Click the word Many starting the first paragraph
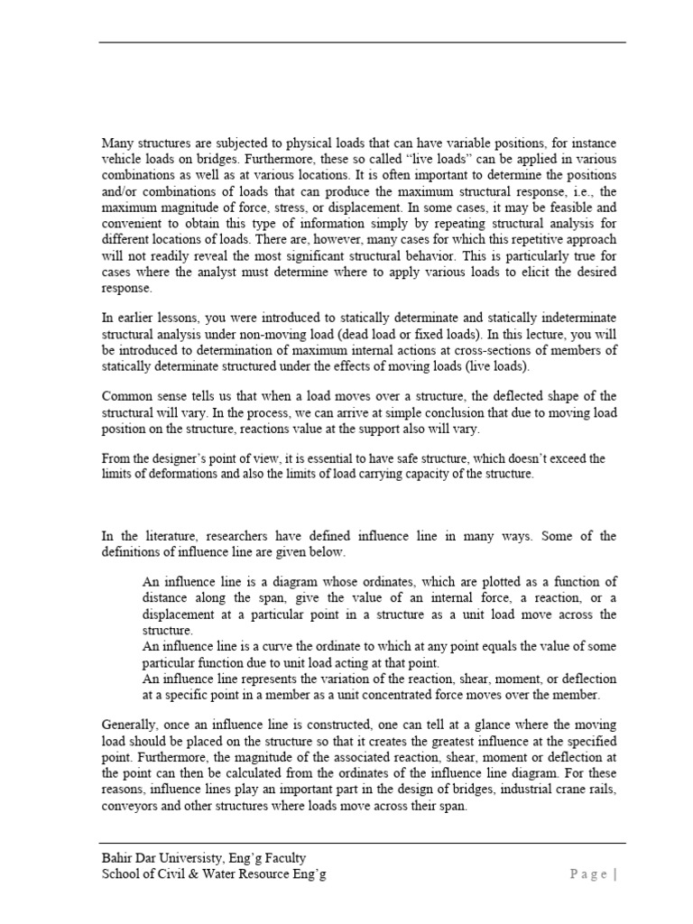click(116, 143)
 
